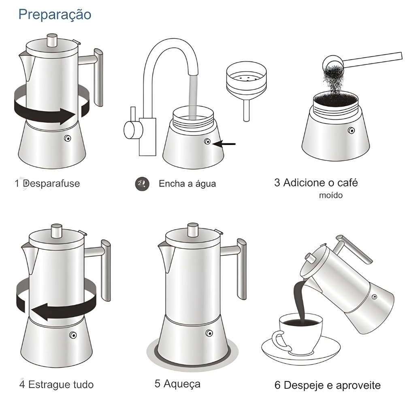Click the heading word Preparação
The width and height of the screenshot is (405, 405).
pyautogui.click(x=55, y=15)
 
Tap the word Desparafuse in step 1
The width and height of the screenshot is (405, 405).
pyautogui.click(x=51, y=183)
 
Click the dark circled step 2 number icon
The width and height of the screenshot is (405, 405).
pyautogui.click(x=142, y=184)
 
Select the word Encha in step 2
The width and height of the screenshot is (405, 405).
pyautogui.click(x=171, y=183)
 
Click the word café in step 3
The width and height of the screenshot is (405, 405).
pyautogui.click(x=347, y=183)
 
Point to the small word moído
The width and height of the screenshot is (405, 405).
pyautogui.click(x=331, y=195)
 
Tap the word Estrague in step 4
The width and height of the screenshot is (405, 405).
pyautogui.click(x=49, y=384)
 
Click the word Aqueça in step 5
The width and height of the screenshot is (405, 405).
pyautogui.click(x=182, y=384)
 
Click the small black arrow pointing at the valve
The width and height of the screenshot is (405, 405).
pyautogui.click(x=224, y=144)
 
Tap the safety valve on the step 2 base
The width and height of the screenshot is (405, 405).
pyautogui.click(x=207, y=141)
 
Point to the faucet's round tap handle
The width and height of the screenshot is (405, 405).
pyautogui.click(x=133, y=130)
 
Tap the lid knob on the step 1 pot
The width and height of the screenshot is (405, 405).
pyautogui.click(x=52, y=40)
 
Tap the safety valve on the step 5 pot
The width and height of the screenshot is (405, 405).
pyautogui.click(x=209, y=333)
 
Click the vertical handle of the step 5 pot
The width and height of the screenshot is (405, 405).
pyautogui.click(x=242, y=269)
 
